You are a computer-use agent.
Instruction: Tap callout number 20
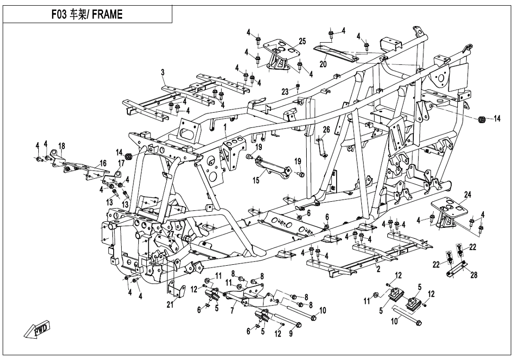tap(323, 63)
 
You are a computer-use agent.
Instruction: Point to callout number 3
tap(162, 72)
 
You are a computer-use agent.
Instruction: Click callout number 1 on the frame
tap(225, 127)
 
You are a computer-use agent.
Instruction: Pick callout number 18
tap(62, 145)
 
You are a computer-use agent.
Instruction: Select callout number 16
tap(102, 163)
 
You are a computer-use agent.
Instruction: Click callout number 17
tap(121, 163)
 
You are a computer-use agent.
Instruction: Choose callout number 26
tap(326, 129)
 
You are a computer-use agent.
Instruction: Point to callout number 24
tap(467, 194)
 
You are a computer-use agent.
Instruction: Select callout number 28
tap(474, 276)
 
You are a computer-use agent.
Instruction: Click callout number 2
tap(378, 269)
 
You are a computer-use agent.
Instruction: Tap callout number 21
tap(169, 305)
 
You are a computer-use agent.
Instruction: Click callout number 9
tap(291, 334)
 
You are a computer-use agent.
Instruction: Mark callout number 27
tap(170, 233)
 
